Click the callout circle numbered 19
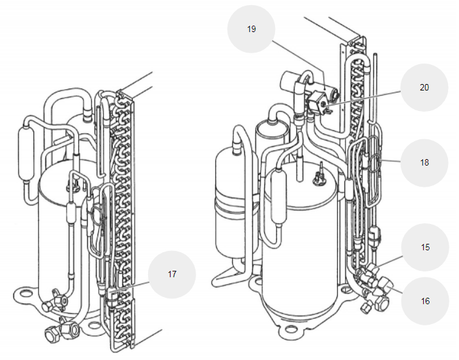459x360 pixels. point(251,30)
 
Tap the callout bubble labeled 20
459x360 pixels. point(424,87)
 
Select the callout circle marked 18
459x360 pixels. point(424,162)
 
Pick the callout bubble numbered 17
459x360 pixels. point(172,274)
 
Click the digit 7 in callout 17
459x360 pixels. point(174,274)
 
